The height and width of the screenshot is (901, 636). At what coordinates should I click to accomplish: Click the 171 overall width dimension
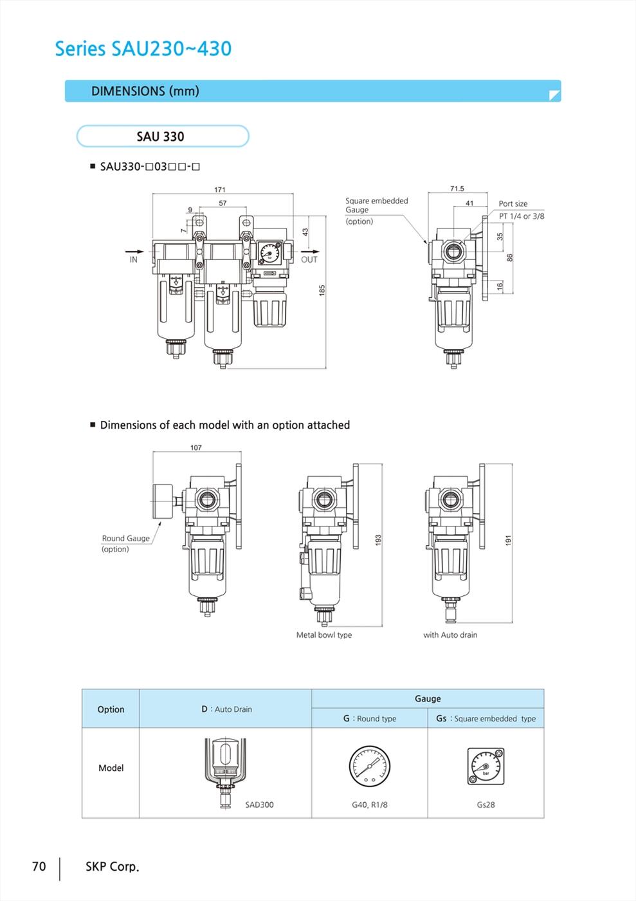coord(219,189)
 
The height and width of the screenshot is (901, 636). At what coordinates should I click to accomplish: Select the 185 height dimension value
coord(322,290)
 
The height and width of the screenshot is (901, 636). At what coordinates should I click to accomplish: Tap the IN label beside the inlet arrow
coord(134,260)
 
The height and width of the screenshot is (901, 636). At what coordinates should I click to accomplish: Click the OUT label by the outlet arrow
coord(309,260)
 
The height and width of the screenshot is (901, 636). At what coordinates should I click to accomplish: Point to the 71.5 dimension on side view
coord(457,188)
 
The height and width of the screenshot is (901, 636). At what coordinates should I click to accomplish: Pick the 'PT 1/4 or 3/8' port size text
coord(522,216)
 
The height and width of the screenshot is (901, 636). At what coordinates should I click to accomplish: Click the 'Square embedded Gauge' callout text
coord(377,205)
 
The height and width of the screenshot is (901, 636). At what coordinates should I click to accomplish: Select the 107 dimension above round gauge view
coord(195,447)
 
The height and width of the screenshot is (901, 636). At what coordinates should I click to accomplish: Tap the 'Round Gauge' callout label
coord(126,538)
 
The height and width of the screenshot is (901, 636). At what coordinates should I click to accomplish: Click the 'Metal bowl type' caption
coord(324,635)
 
